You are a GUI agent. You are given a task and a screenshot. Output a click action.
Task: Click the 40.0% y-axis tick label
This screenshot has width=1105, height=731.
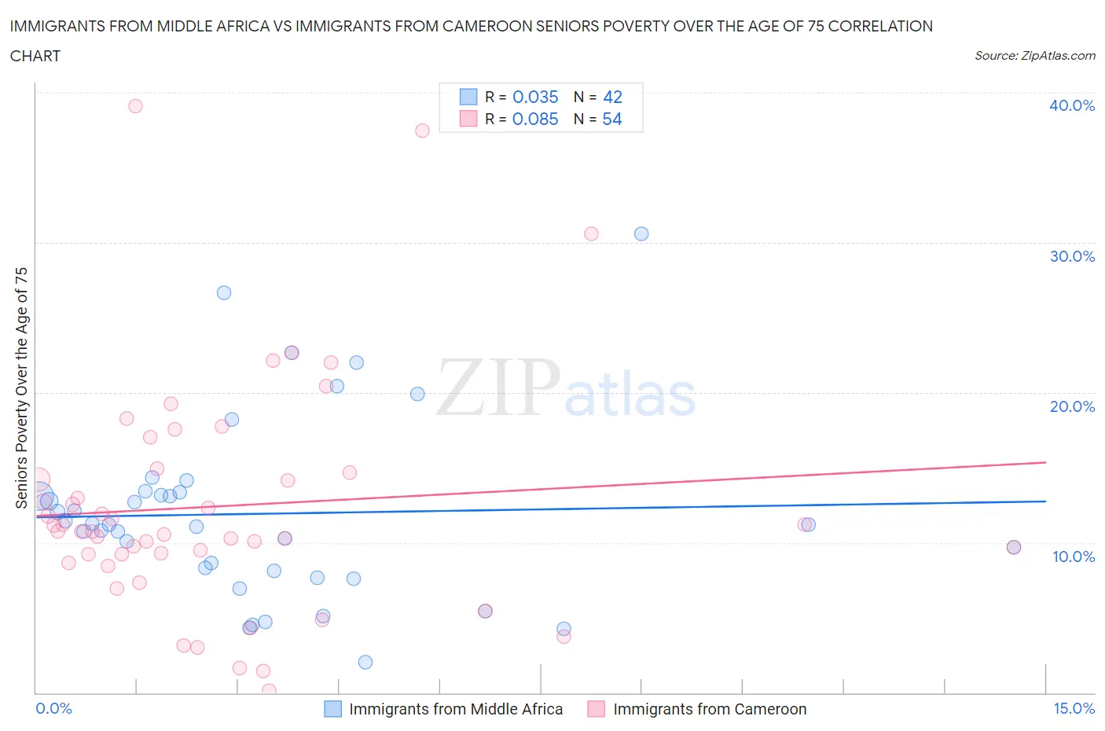1071,105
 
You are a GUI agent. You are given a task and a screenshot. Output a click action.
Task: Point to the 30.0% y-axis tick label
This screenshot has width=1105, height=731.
1071,256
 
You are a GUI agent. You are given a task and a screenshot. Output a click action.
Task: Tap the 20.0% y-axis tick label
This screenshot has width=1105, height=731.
1071,406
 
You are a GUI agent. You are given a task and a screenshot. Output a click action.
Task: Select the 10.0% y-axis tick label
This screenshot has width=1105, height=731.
1073,557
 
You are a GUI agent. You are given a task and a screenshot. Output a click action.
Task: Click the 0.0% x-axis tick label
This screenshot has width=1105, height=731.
53,708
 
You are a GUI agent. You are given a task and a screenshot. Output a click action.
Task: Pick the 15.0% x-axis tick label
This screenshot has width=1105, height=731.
1074,708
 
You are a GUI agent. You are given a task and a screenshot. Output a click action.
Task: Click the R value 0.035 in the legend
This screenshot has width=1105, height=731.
535,97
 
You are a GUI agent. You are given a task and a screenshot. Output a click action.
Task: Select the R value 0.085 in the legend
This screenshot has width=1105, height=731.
535,119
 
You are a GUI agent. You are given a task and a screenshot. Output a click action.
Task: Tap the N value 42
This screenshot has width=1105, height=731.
612,97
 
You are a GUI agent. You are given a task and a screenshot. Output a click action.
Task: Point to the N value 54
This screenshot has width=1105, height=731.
612,119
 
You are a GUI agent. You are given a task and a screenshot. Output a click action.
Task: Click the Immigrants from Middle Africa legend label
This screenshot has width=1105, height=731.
456,709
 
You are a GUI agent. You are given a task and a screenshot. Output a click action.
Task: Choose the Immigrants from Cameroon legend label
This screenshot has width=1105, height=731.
710,709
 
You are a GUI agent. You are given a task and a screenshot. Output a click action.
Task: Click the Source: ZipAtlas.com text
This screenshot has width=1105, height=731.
1034,56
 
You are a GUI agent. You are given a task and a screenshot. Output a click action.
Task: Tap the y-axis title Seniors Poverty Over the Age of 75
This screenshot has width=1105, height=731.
21,388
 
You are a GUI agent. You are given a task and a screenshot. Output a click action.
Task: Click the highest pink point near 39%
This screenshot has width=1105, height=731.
135,106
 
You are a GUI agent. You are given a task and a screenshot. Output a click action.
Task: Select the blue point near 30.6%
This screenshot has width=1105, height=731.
641,233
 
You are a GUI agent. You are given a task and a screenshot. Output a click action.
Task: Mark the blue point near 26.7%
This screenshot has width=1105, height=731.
224,292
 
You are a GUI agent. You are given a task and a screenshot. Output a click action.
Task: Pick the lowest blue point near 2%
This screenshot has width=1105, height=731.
365,662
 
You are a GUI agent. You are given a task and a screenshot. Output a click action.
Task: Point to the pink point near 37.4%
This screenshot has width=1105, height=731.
422,130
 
